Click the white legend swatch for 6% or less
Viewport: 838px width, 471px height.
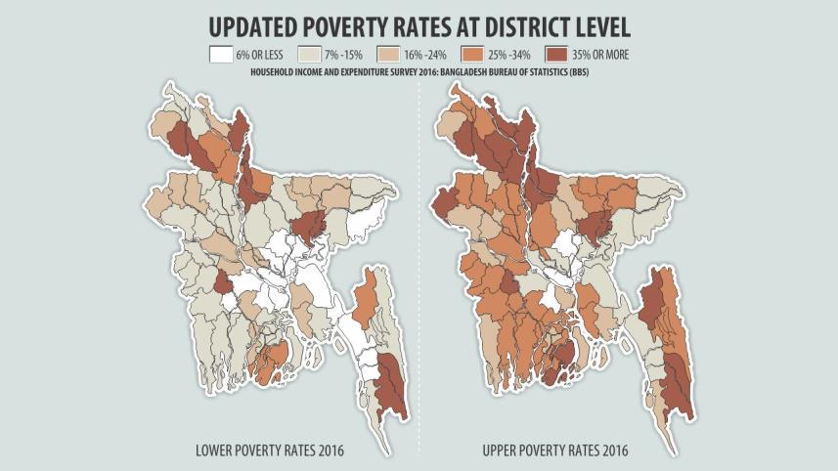point(220,56)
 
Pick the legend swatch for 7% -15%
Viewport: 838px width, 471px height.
point(309,56)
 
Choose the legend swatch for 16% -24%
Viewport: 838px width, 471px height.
point(390,56)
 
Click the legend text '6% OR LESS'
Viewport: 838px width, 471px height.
point(262,56)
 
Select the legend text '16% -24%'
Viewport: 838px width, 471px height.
point(430,56)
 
